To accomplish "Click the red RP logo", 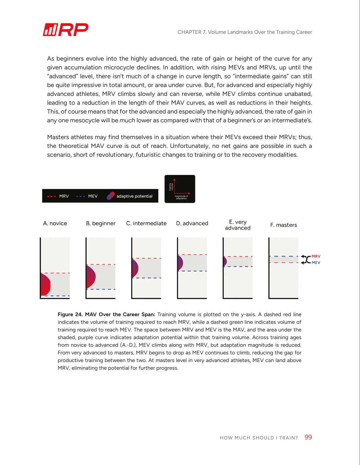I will coord(66,30).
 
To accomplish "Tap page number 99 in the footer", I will coord(308,437).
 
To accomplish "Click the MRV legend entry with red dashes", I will coord(58,196).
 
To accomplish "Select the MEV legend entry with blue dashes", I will coord(87,196).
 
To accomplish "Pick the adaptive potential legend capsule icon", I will coord(110,196).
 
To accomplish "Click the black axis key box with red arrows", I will coord(180,189).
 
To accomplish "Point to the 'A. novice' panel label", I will coord(55,223).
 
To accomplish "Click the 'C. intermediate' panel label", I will coord(146,223).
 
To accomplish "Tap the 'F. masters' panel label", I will coord(283,225).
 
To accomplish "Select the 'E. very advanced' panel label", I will coord(238,225).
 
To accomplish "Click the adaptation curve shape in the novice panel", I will coord(45,284).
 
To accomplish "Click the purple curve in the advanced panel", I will coord(180,263).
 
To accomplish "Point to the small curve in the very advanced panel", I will coord(225,261).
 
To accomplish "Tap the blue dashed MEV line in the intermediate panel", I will coord(147,278).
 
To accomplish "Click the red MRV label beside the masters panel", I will coord(316,256).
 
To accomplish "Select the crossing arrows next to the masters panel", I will coord(306,259).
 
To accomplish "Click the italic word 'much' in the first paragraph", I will coord(127,120).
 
